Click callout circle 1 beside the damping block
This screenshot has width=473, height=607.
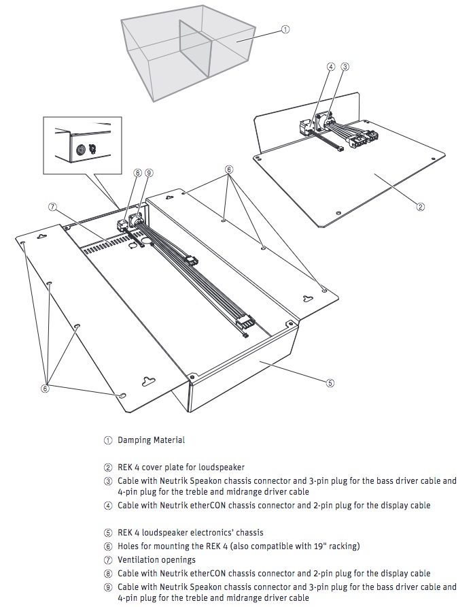click(286, 29)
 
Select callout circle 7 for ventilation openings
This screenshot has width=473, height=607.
click(52, 206)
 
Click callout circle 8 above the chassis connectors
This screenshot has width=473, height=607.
click(138, 174)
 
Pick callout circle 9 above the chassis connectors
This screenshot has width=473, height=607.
click(149, 174)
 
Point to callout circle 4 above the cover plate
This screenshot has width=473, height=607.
click(331, 67)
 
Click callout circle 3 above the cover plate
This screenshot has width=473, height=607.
click(345, 67)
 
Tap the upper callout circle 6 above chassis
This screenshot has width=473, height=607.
click(229, 169)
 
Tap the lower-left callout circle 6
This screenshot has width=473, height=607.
click(45, 389)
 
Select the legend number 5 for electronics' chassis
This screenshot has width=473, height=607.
click(108, 533)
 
